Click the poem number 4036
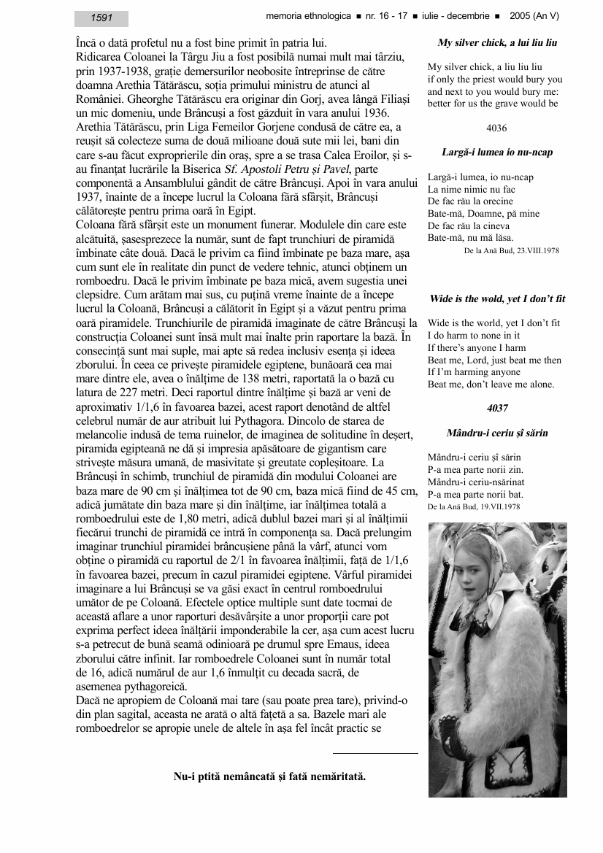(x=496, y=128)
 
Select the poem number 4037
(x=497, y=408)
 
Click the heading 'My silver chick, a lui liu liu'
(x=497, y=43)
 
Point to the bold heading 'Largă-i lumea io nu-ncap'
(x=497, y=153)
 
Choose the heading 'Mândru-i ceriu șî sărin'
(x=497, y=433)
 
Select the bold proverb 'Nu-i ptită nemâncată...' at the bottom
(x=269, y=776)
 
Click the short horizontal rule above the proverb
(x=375, y=752)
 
